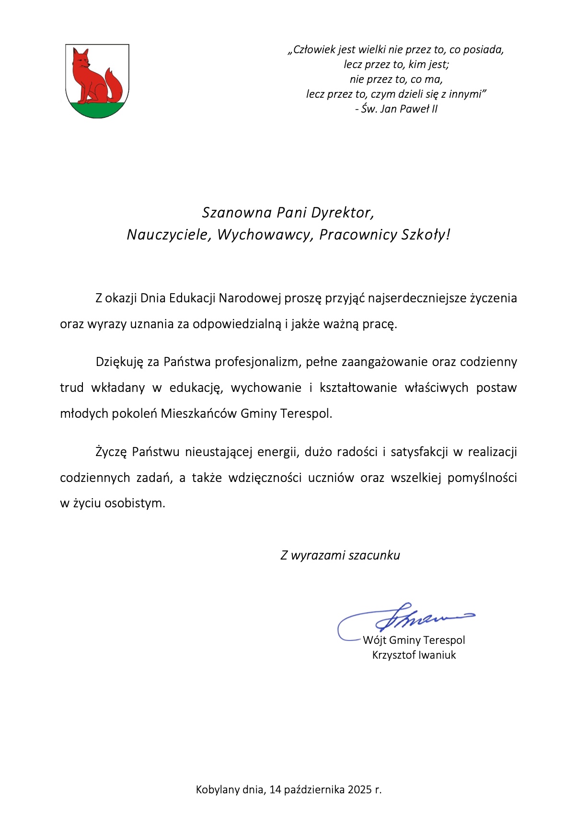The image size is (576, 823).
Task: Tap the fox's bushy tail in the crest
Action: tap(115, 86)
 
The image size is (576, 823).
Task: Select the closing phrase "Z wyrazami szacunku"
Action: tap(340, 556)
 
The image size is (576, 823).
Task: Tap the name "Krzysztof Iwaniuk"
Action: tap(414, 655)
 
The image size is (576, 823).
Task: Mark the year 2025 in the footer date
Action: tap(360, 789)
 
